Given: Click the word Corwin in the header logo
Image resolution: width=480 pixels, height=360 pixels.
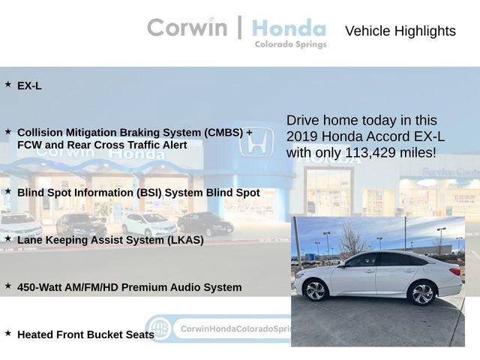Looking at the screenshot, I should click(187, 28).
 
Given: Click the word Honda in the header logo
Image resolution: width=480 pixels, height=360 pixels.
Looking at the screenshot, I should click(289, 28).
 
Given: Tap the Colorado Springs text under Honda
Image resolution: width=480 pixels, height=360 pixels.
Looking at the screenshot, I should click(290, 45).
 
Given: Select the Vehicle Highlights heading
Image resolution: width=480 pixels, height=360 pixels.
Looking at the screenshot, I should click(400, 31).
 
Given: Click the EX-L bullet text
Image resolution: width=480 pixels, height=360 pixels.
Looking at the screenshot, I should click(29, 85).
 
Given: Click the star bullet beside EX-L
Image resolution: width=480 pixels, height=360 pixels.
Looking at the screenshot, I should click(8, 85).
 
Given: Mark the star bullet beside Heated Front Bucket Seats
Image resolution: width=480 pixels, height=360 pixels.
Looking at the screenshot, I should click(8, 333).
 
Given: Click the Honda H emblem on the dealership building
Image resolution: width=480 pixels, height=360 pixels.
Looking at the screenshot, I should click(256, 142).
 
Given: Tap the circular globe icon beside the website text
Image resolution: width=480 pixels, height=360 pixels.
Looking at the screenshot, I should click(158, 328).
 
